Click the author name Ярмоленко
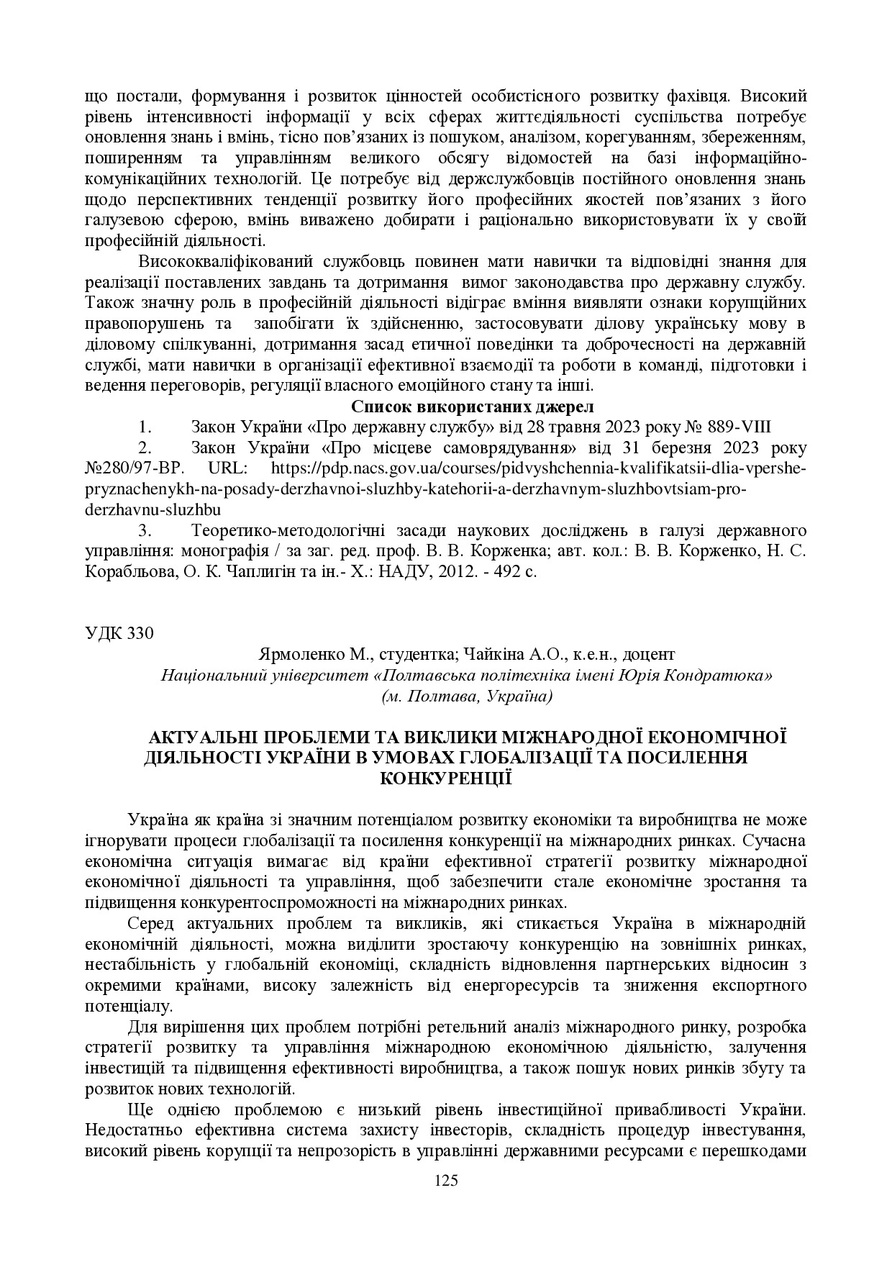pos(293,655)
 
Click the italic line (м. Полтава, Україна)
pos(467,696)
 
